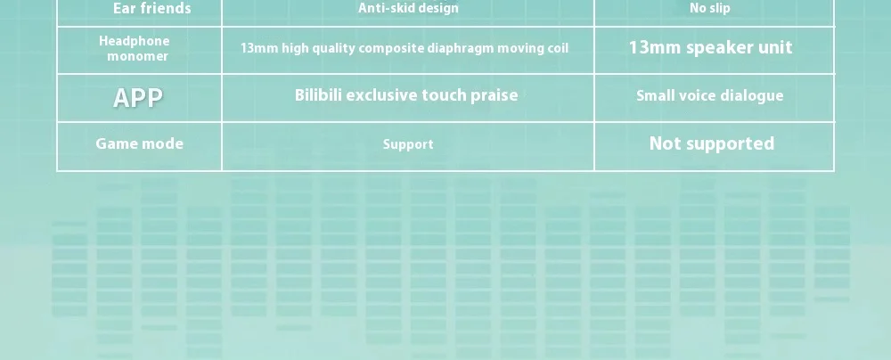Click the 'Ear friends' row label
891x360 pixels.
coord(151,8)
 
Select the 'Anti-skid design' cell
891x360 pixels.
coord(408,8)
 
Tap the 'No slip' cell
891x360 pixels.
coord(710,8)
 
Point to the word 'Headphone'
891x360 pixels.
coord(135,41)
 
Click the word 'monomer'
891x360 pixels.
coord(137,56)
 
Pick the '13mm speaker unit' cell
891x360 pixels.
coord(710,47)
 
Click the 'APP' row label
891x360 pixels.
coord(138,98)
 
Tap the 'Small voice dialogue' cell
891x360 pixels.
coord(710,95)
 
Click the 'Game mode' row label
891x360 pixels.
coord(139,143)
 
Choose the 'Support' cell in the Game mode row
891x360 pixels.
coord(408,144)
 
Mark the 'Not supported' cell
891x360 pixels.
coord(712,143)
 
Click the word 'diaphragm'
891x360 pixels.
coord(461,48)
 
